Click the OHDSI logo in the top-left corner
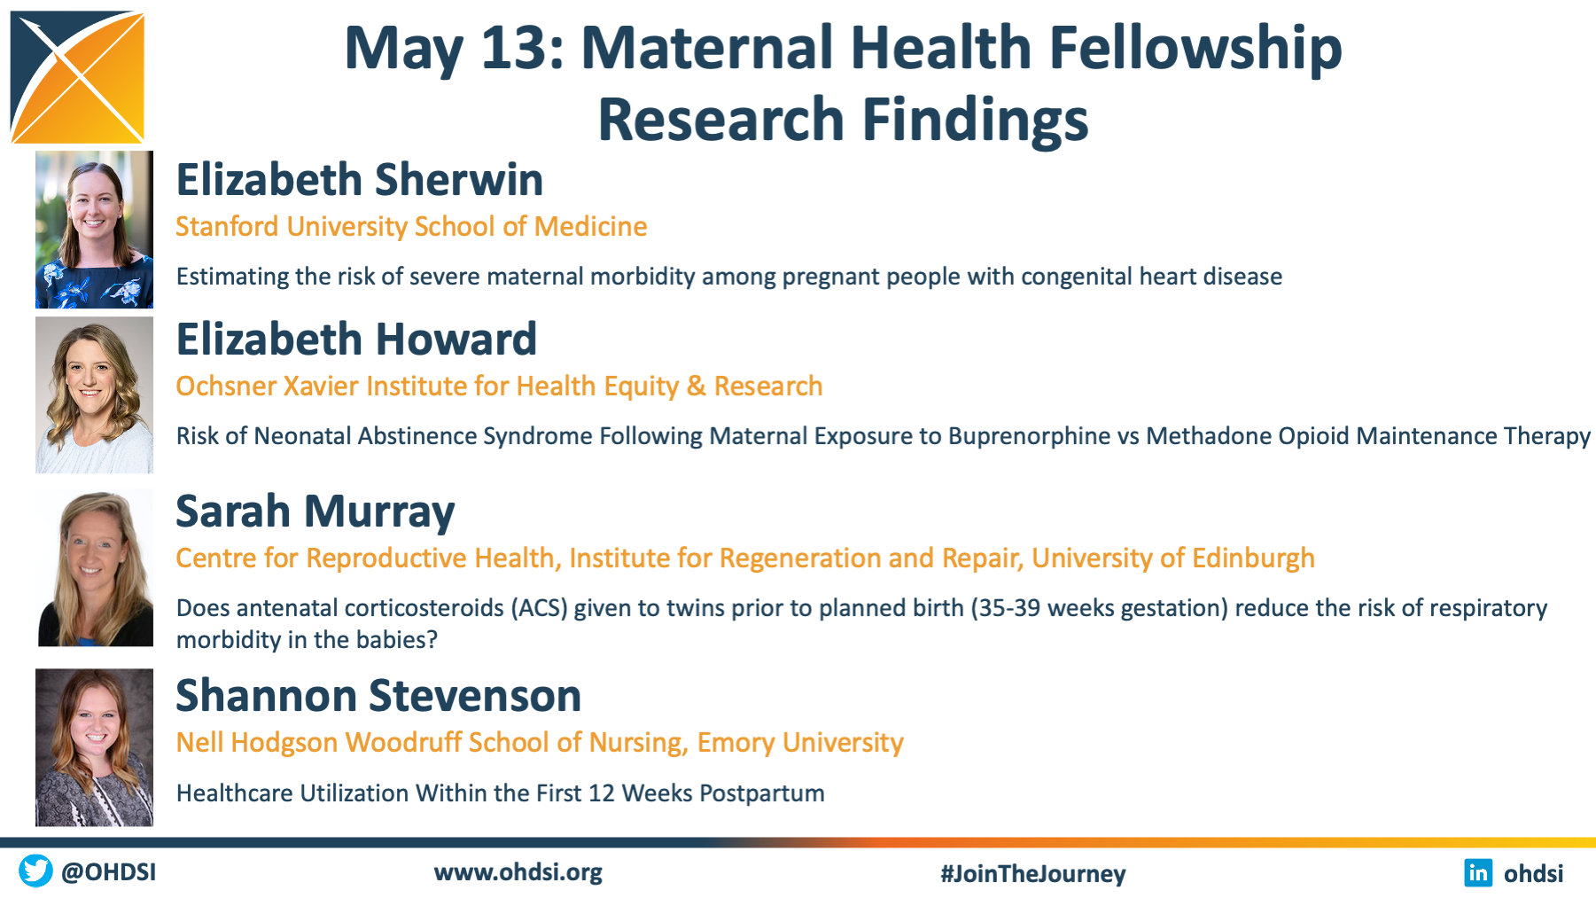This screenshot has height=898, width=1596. point(77,77)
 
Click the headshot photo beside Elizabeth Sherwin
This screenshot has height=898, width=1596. point(94,230)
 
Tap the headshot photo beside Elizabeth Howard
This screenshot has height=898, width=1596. point(94,395)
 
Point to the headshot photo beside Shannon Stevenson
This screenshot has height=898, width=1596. point(94,747)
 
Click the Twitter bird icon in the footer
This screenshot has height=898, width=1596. point(35,871)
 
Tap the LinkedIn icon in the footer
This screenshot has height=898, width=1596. point(1478,872)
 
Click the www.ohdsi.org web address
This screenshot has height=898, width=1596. point(518,872)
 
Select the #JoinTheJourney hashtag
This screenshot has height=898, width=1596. point(1033,873)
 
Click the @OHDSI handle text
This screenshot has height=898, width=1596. point(109,872)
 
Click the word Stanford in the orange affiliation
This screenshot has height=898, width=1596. point(227,226)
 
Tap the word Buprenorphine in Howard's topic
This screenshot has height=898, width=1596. point(1029,436)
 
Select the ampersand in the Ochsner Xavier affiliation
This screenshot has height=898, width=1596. point(697,386)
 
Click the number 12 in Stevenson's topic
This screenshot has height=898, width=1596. point(601,793)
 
